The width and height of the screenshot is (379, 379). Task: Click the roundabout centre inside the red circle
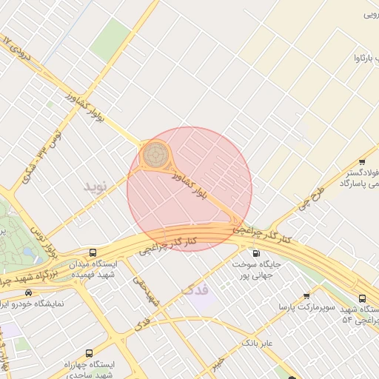[x=155, y=154]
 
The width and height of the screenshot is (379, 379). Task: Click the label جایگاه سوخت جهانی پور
[x=256, y=270]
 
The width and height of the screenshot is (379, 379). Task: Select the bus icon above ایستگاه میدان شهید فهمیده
[x=93, y=252]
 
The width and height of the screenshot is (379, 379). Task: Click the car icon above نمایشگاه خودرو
[x=28, y=292]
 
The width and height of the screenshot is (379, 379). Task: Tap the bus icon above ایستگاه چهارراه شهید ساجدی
[x=90, y=353]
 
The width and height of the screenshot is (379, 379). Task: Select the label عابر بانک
[x=260, y=343]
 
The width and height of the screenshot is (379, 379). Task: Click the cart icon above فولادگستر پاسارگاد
[x=361, y=162]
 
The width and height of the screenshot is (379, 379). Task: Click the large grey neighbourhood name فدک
[x=195, y=289]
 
